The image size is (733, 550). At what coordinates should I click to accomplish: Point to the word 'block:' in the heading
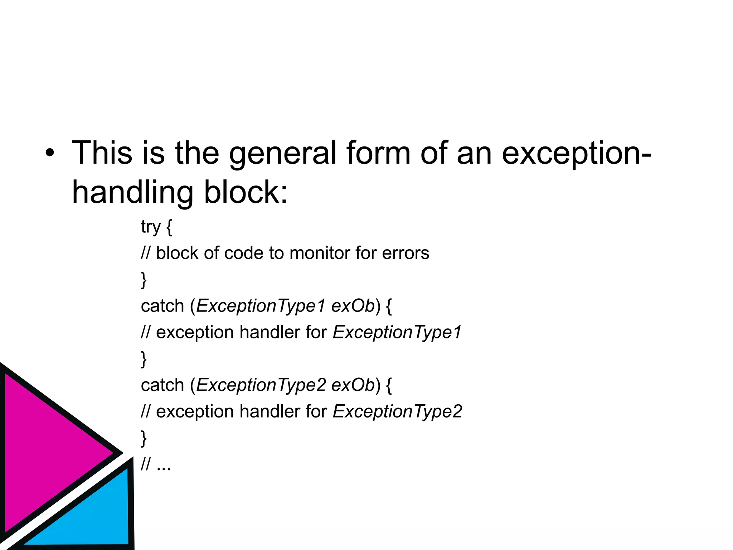coord(246,193)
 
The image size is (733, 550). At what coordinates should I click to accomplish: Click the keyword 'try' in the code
coord(151,227)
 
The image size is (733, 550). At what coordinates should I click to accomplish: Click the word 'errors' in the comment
coord(406,253)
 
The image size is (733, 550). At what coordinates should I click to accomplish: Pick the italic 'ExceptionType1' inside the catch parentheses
coord(261,306)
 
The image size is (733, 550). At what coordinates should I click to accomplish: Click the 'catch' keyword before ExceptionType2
coord(162,385)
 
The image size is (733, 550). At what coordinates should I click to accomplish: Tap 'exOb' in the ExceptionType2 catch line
coord(353,385)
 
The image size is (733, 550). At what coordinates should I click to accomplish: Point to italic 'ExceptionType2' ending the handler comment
coord(397,412)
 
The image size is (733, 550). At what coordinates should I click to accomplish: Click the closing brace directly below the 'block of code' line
coord(144,280)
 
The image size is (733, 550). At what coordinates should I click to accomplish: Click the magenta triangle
coord(47,451)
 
